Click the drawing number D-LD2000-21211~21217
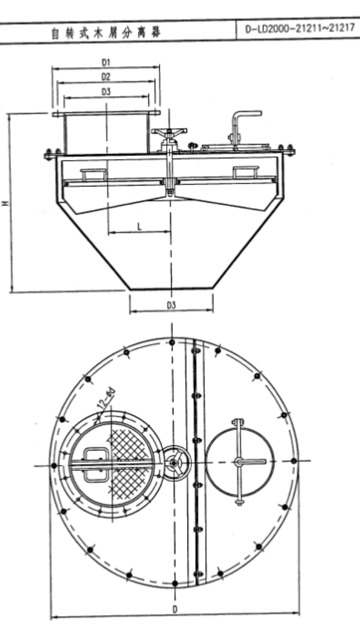tap(300, 29)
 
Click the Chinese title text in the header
tap(106, 32)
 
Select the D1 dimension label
tap(106, 62)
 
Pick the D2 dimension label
tap(106, 76)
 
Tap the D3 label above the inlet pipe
tap(106, 92)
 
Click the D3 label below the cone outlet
tap(171, 305)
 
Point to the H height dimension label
tap(5, 203)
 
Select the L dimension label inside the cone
tap(139, 227)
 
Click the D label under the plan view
tap(175, 609)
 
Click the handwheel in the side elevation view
tap(169, 132)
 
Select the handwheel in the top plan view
tap(174, 463)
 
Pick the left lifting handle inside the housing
tap(93, 174)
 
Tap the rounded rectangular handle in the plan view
tap(96, 465)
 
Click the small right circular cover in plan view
tap(240, 463)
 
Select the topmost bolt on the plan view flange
tap(172, 342)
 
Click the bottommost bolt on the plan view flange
tap(174, 584)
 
